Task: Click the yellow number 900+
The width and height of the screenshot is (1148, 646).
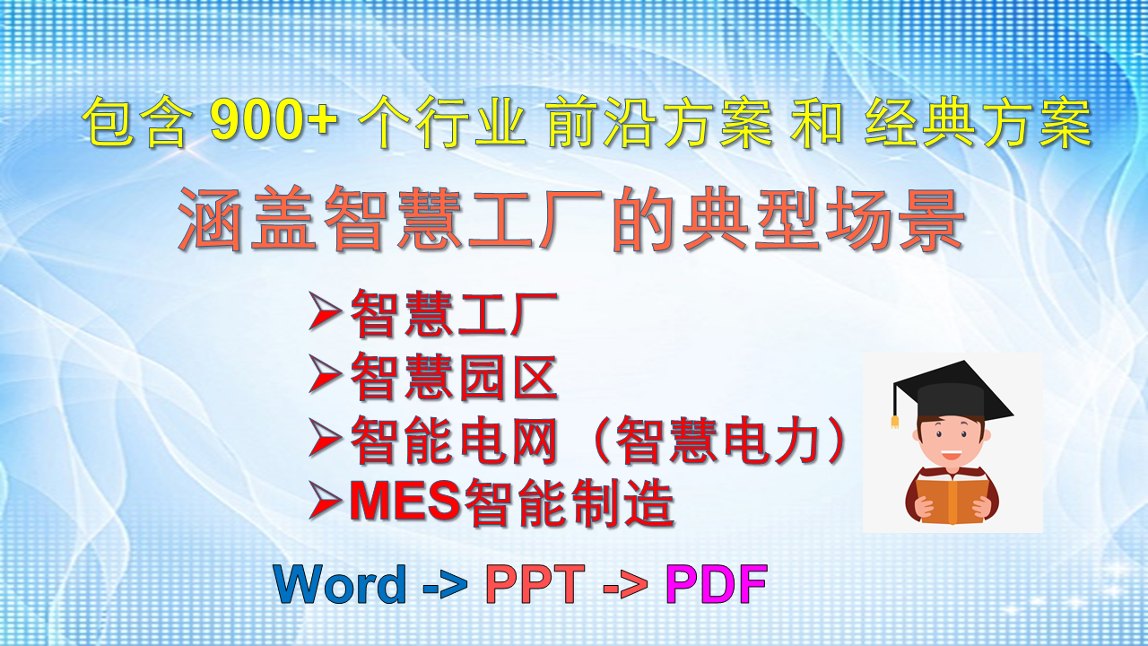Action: tap(274, 120)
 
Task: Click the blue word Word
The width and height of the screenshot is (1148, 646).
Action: tap(340, 583)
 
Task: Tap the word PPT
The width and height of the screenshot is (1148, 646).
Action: tap(535, 583)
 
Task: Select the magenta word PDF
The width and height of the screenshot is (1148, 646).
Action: tap(717, 583)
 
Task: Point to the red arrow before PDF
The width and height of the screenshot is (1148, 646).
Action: tap(625, 586)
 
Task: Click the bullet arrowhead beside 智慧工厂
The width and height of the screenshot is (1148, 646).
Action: tap(325, 310)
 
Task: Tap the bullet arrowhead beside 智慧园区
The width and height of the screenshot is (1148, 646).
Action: tap(325, 375)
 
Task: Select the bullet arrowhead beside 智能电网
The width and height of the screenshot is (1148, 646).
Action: tap(325, 438)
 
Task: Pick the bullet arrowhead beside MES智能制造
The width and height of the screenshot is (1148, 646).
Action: tap(325, 501)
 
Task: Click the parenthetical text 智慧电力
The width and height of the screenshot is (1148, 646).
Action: tap(717, 440)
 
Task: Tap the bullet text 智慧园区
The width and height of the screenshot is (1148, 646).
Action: tap(454, 377)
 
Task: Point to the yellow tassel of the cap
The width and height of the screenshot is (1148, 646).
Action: tap(895, 422)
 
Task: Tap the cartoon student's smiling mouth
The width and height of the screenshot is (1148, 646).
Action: tap(952, 454)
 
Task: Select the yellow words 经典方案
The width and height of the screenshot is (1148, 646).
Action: tap(978, 122)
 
